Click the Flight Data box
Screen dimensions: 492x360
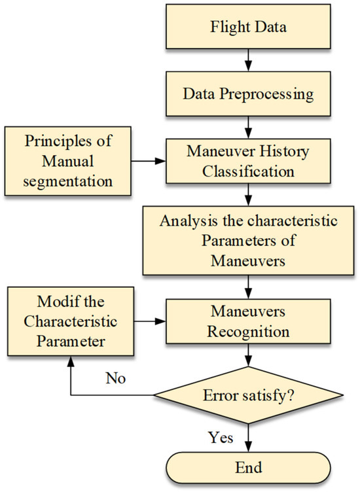(x=248, y=29)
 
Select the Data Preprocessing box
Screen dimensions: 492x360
(x=248, y=93)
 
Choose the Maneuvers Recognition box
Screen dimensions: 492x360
(x=248, y=321)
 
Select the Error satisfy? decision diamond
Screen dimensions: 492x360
(x=248, y=396)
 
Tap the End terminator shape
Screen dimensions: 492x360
(x=248, y=467)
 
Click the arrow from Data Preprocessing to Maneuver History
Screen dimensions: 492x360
(x=248, y=125)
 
